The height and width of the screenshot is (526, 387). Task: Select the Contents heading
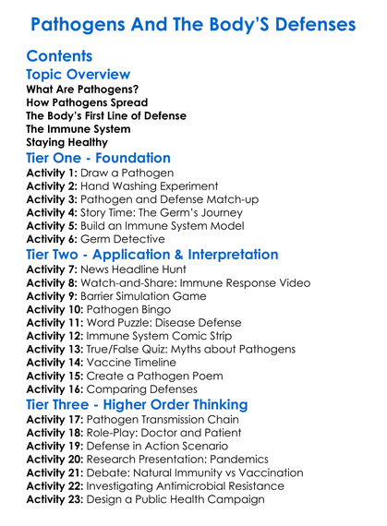[x=60, y=57]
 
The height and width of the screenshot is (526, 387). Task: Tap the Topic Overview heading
[x=79, y=75]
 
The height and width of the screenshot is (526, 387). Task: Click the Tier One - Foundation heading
[x=99, y=159]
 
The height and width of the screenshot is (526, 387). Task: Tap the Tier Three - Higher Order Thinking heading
[x=137, y=405]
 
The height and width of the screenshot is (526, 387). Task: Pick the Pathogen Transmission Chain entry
[x=165, y=419]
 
